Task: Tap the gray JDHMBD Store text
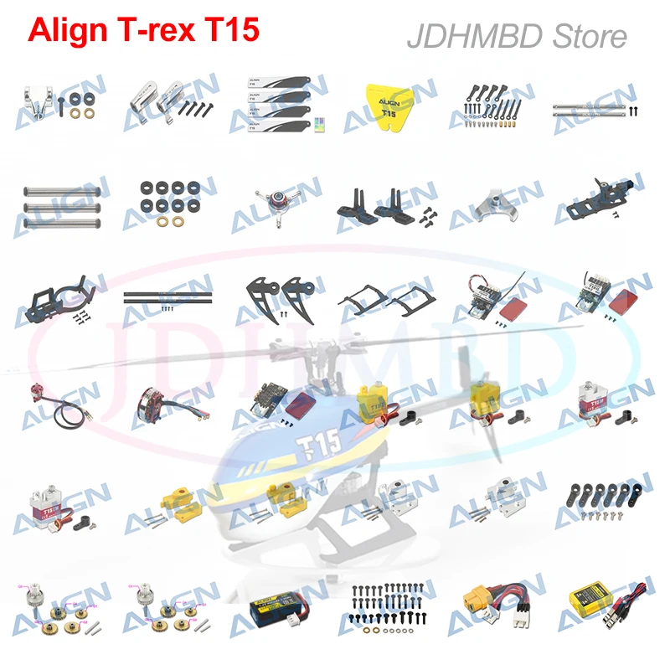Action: click(x=516, y=36)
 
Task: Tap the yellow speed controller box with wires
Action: click(x=591, y=595)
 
